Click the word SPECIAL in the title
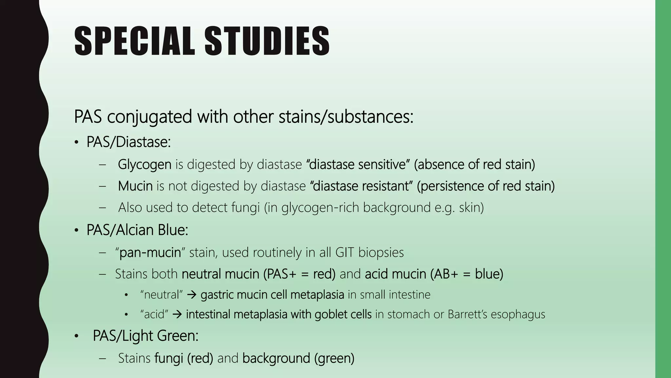tap(134, 41)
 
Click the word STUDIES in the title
tap(267, 41)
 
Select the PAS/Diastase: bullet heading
tap(128, 142)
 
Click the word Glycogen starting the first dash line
tap(144, 164)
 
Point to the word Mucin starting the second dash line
tap(135, 186)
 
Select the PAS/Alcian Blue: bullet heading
tap(137, 230)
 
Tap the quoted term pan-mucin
tap(150, 253)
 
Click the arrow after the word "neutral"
tap(191, 295)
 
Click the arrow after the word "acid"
tap(177, 314)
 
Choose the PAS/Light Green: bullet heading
tap(145, 336)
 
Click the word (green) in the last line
tap(334, 358)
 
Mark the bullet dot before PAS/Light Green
tap(76, 336)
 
